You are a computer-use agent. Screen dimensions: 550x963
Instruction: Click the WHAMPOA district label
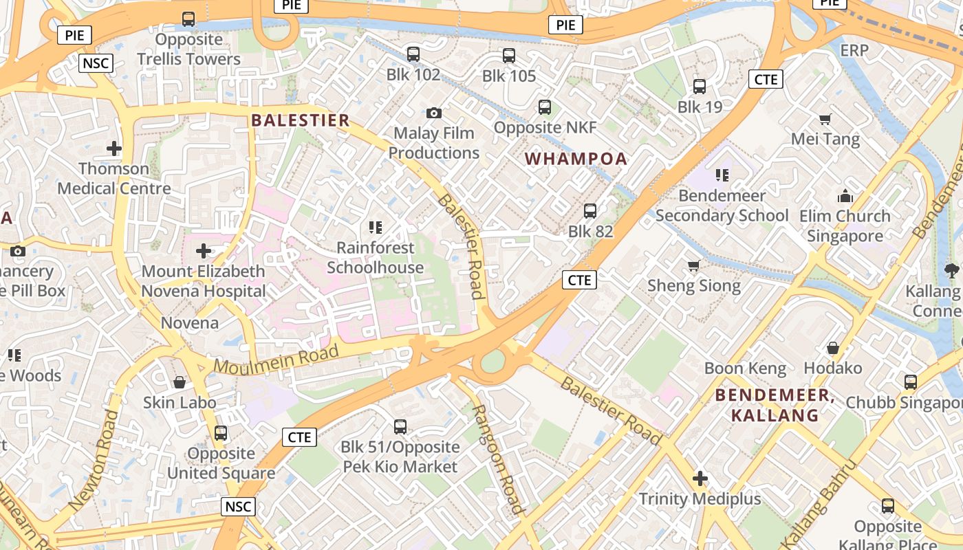point(576,159)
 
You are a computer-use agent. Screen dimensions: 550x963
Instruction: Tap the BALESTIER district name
point(301,120)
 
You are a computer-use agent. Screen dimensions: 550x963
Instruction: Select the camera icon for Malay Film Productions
point(434,113)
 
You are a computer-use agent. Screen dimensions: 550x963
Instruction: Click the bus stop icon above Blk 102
point(413,54)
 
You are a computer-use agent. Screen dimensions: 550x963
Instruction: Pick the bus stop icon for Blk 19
point(700,87)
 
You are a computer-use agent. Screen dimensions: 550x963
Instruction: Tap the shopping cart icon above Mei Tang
point(825,119)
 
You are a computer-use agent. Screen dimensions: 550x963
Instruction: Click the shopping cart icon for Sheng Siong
point(694,265)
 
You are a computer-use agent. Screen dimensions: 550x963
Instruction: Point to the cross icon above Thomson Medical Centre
point(114,148)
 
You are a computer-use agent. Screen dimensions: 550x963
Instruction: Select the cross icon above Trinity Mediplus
point(700,478)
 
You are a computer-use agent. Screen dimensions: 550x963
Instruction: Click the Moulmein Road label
point(277,360)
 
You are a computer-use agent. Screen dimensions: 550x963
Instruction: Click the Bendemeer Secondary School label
point(722,206)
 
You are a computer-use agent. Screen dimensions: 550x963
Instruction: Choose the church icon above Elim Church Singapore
point(845,196)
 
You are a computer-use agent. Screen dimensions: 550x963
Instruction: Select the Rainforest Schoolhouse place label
point(375,257)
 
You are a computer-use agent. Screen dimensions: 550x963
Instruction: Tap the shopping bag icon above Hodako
point(833,348)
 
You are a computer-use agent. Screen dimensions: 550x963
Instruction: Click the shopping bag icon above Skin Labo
point(180,382)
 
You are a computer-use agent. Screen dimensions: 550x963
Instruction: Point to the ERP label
point(854,50)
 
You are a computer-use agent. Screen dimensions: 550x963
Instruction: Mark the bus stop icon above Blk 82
point(590,211)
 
